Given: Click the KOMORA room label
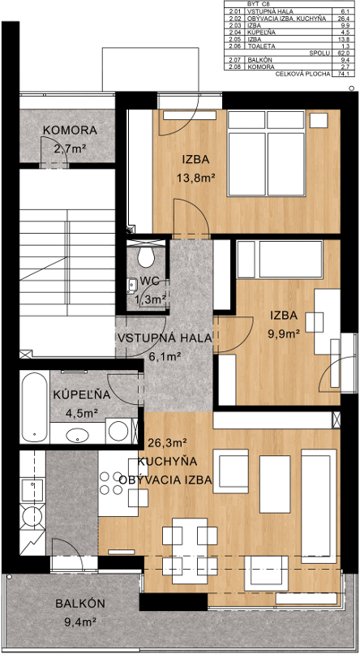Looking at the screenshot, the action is tap(70, 130).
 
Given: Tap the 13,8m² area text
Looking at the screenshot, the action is tap(196, 178).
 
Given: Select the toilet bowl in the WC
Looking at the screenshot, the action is tap(146, 256).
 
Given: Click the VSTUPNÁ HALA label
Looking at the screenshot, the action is tap(165, 338).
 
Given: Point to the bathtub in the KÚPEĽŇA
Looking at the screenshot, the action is tap(34, 407).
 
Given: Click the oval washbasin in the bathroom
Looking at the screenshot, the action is tap(77, 436).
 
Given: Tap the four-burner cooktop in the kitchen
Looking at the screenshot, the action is tap(112, 483).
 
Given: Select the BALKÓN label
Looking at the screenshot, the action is tap(80, 604).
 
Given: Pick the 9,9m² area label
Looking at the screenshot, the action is tap(283, 333).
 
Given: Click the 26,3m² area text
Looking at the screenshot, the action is tap(167, 442).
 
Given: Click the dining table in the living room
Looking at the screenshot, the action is tap(190, 551).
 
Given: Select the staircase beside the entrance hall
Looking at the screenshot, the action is tap(67, 263).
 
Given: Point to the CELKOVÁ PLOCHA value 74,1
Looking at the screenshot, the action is tap(343, 74).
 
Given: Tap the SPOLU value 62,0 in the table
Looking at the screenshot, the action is tap(343, 53).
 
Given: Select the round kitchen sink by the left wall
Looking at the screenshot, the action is tap(32, 517).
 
